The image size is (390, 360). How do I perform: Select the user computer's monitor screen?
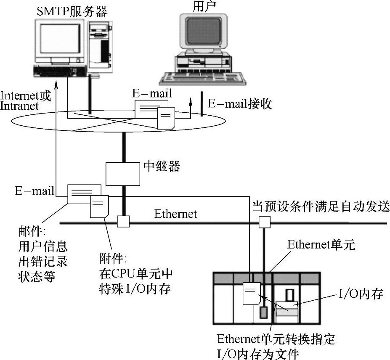[x=204, y=32]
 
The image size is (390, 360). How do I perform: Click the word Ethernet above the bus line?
[x=175, y=214]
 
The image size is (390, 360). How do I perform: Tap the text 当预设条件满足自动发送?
[x=321, y=206]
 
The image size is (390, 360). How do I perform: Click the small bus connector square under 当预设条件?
[x=264, y=221]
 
